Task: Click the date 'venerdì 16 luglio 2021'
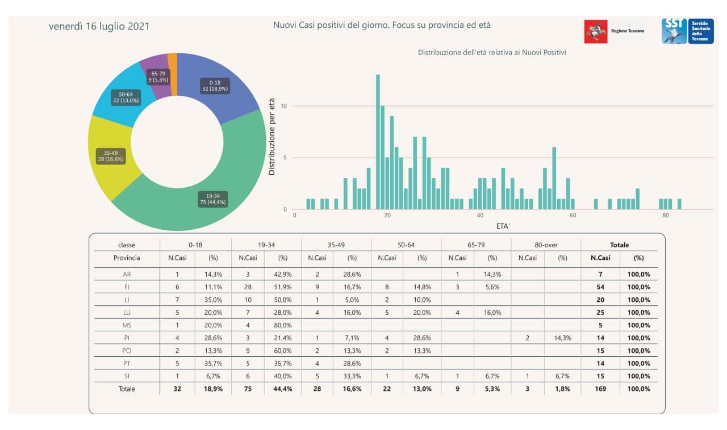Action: tap(99, 27)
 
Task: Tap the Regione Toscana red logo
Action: tap(595, 31)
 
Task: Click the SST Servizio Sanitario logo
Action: tap(687, 31)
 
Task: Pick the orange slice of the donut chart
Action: tap(172, 59)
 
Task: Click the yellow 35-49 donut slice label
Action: tap(110, 155)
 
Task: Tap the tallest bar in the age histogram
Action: tap(378, 142)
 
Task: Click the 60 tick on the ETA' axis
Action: tap(573, 216)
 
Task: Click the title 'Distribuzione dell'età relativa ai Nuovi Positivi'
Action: tap(492, 52)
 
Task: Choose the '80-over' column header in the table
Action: tap(546, 245)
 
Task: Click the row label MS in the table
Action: tap(127, 325)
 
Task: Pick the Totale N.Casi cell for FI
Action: tap(600, 287)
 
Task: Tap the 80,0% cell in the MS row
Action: tap(282, 325)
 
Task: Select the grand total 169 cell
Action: tap(600, 389)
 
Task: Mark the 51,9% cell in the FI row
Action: tap(282, 287)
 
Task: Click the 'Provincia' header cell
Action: tap(127, 258)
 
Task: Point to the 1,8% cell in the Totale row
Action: tap(562, 389)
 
